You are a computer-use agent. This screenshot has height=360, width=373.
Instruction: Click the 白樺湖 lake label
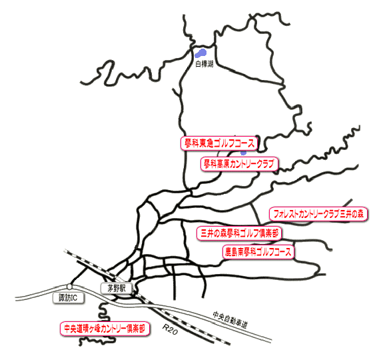204,64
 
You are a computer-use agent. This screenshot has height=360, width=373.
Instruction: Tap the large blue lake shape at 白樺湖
200,53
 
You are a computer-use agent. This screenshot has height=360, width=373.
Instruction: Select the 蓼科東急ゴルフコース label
219,143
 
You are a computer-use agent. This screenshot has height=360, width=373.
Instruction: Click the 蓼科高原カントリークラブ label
239,164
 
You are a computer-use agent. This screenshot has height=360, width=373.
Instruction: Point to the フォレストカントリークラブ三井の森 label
318,214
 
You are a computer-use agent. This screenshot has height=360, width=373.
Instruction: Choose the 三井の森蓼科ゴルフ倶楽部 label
239,233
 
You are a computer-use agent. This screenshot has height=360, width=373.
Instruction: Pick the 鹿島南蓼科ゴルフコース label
258,252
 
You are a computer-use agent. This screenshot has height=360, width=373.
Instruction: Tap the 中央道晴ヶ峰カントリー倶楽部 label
105,329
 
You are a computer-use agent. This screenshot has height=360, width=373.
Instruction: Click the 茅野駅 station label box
117,289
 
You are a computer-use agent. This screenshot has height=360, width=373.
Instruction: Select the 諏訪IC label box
68,298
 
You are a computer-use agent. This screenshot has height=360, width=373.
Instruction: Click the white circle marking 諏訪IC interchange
69,286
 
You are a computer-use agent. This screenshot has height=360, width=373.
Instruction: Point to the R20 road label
170,329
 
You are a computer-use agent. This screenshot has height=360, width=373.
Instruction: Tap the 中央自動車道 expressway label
230,320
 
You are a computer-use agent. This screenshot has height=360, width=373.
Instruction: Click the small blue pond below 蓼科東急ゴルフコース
243,153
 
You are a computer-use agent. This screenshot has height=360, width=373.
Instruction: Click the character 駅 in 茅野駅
123,289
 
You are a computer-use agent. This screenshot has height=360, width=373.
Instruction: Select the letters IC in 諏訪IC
74,298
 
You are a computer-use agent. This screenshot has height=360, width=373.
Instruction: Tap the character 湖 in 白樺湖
210,64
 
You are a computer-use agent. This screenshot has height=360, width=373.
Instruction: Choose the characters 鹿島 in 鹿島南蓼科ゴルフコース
232,252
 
